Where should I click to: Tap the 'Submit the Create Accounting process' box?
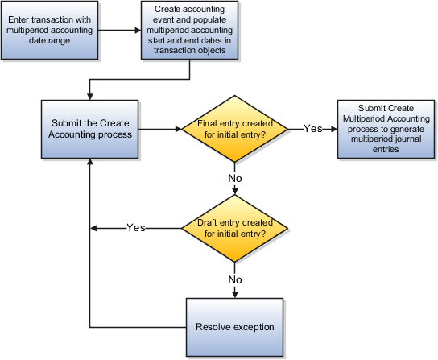click(91, 128)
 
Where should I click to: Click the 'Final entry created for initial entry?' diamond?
click(233, 128)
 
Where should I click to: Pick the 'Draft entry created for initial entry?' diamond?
click(233, 228)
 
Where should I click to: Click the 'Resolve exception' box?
click(234, 327)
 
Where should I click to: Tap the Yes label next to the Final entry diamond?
click(313, 129)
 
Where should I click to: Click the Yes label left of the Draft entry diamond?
click(136, 228)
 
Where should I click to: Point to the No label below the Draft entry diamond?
click(234, 279)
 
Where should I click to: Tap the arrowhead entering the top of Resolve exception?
click(234, 295)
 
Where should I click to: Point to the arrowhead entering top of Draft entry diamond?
click(234, 194)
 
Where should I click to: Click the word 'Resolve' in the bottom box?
click(214, 327)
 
